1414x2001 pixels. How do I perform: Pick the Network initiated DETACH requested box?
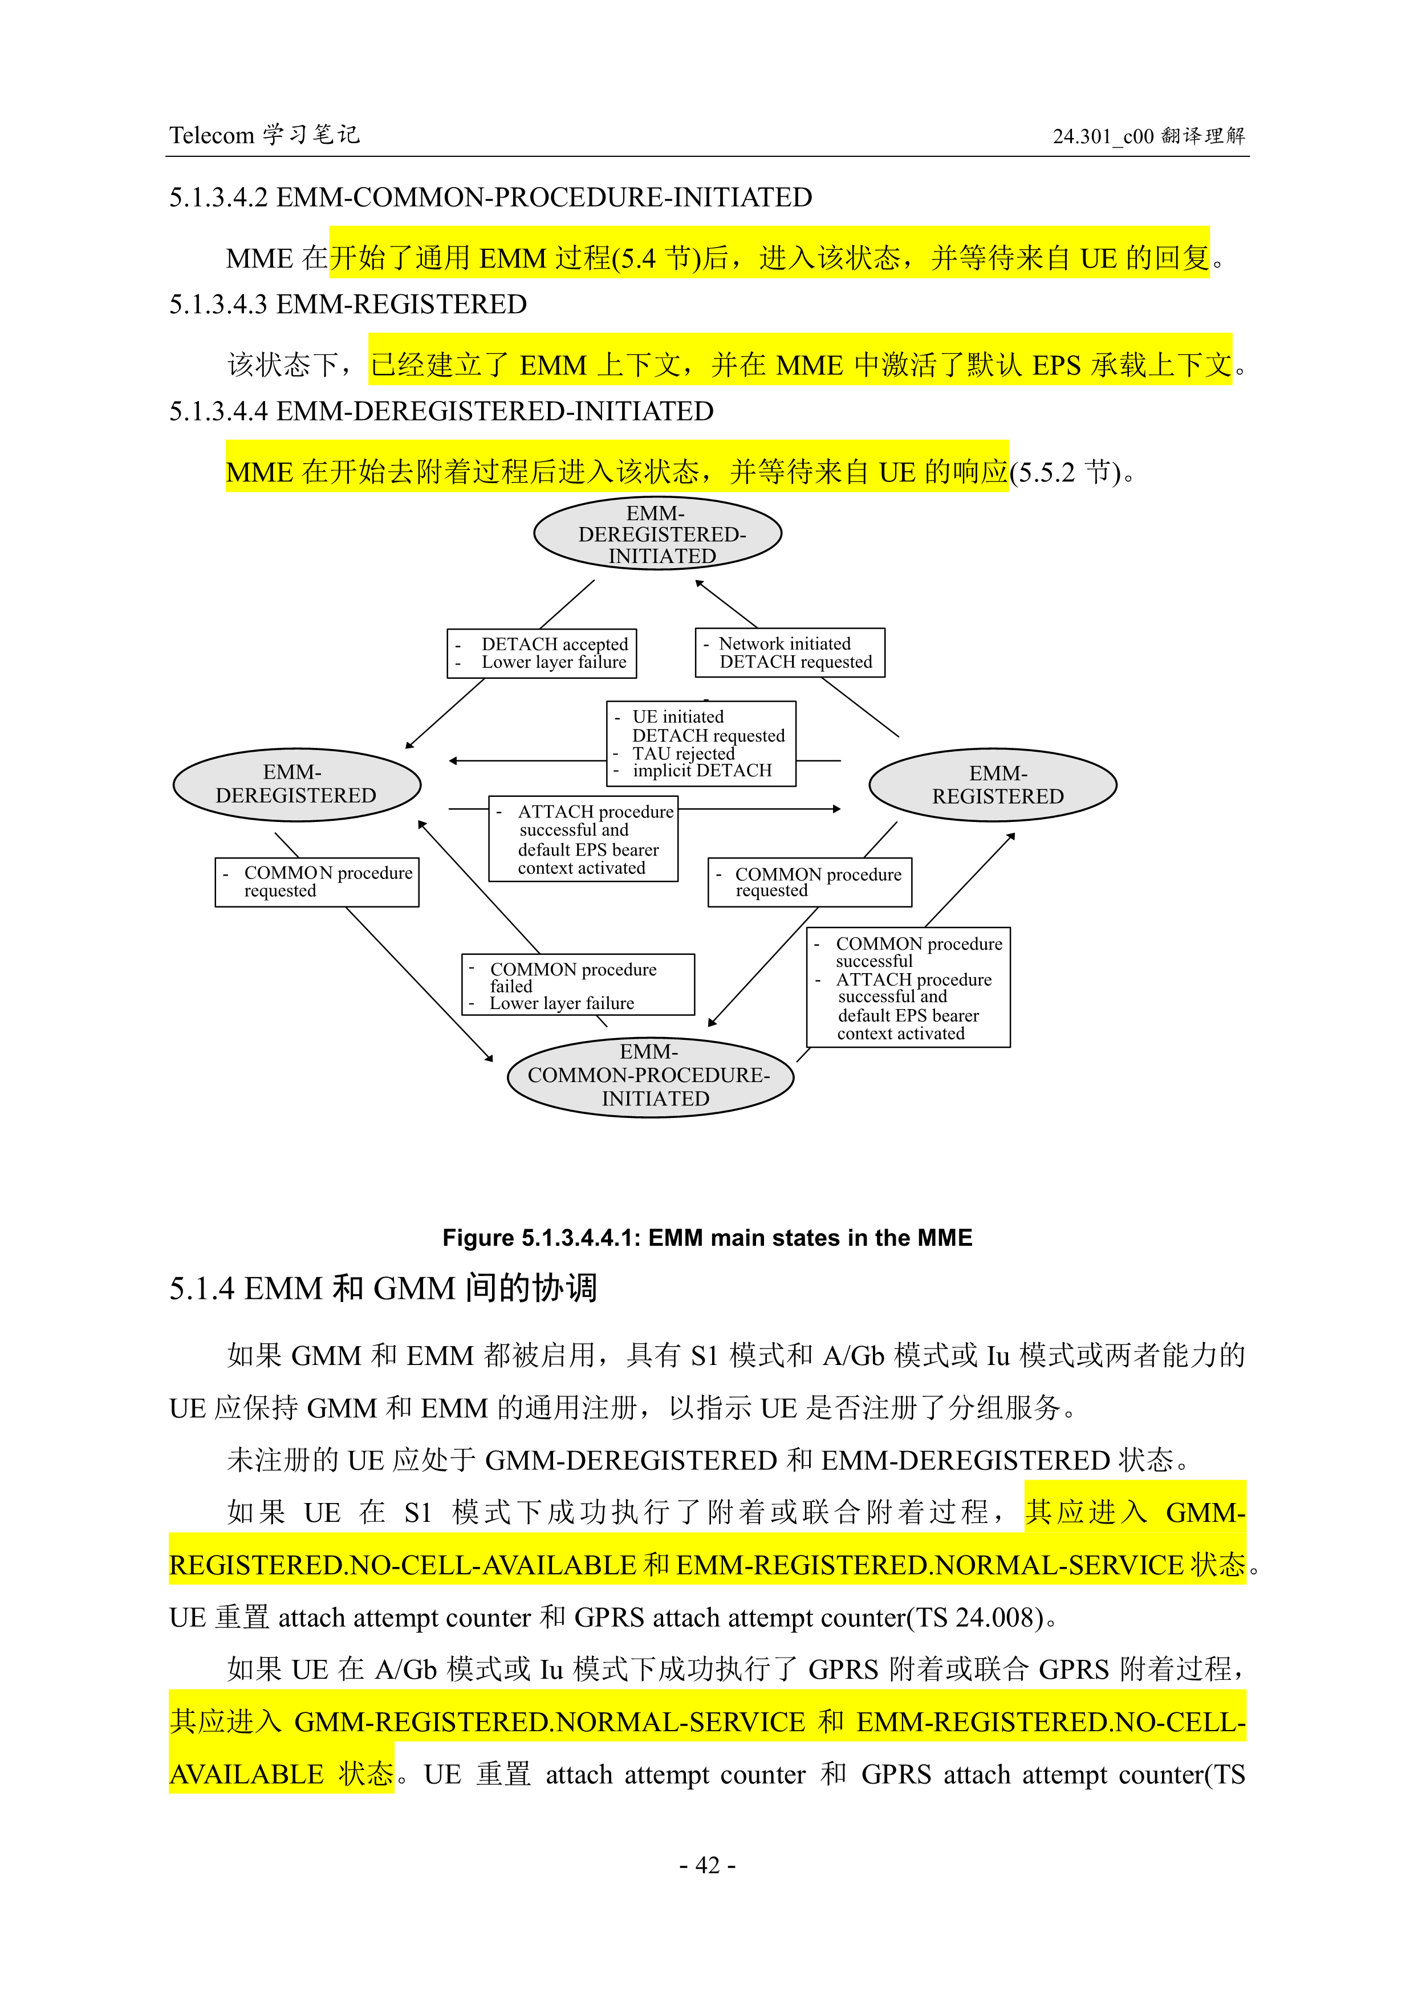pyautogui.click(x=789, y=653)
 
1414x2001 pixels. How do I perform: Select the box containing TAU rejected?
pyautogui.click(x=701, y=743)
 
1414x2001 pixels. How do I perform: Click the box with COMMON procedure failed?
pyautogui.click(x=578, y=985)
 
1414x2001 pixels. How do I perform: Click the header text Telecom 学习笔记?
pyautogui.click(x=264, y=135)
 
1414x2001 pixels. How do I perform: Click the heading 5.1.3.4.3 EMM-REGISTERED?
pyautogui.click(x=348, y=304)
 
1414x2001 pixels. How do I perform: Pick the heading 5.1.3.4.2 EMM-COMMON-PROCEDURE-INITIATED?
pyautogui.click(x=490, y=198)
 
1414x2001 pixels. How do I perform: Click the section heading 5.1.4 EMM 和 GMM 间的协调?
pyautogui.click(x=383, y=1288)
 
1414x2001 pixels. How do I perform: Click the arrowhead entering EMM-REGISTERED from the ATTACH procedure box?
pyautogui.click(x=836, y=809)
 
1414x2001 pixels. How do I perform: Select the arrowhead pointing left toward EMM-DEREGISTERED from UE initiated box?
pyautogui.click(x=453, y=761)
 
